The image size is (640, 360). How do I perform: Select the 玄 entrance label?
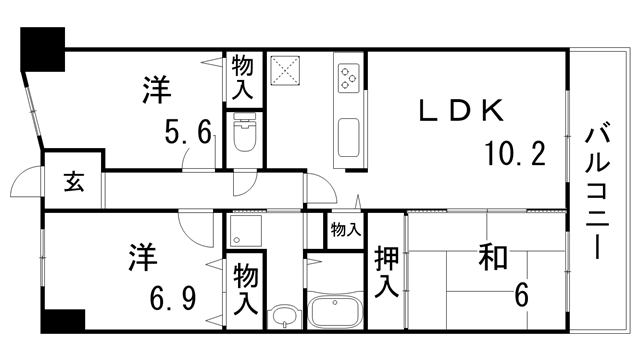pos(73,183)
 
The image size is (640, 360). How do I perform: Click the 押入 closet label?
pos(386,272)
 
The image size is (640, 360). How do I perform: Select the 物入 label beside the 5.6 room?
pos(242,78)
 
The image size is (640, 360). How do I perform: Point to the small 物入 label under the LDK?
pos(345,230)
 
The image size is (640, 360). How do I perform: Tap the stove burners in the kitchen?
pos(349,77)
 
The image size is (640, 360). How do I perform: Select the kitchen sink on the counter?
pos(349,138)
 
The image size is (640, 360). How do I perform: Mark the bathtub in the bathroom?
pos(336,311)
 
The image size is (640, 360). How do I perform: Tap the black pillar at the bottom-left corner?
pos(63,322)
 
